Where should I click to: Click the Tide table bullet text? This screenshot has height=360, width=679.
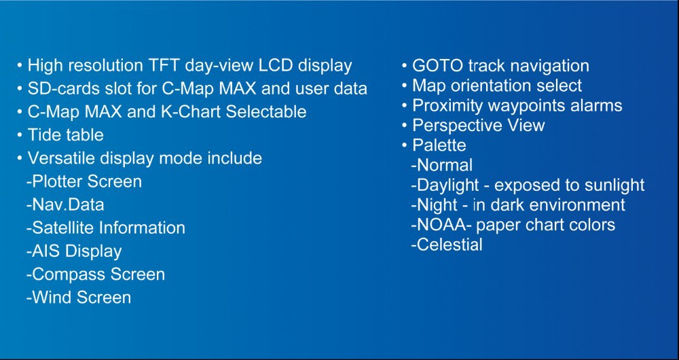[65, 135]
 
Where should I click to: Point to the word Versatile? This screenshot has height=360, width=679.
[62, 158]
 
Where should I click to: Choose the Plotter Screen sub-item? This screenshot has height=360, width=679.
[84, 181]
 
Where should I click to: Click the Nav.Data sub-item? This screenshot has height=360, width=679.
[65, 204]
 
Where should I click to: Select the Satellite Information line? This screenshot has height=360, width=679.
[106, 228]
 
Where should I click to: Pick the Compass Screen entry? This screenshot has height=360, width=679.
[96, 274]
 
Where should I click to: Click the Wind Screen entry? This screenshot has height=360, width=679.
[79, 298]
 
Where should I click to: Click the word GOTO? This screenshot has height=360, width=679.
[436, 66]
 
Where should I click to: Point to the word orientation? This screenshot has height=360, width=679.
[488, 86]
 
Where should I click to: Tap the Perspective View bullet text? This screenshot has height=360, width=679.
[478, 126]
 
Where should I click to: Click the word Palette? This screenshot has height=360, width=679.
[439, 145]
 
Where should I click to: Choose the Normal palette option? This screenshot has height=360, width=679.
[442, 165]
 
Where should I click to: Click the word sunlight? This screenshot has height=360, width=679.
[614, 185]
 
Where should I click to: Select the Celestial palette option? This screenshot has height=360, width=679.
[447, 245]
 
